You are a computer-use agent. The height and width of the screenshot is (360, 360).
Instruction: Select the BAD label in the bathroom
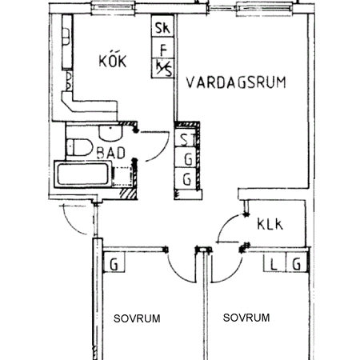111,152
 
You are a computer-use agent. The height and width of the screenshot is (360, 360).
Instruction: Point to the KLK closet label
270,225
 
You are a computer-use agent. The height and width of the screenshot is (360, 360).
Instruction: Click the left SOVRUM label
136,318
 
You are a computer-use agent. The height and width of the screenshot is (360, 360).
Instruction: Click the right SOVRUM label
246,318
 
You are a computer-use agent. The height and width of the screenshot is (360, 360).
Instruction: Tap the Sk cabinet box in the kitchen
162,30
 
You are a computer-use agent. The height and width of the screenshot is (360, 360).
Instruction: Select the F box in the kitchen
162,50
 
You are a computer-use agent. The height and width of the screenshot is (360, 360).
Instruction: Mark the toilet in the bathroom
78,146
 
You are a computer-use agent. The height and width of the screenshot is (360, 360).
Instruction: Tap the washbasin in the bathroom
105,132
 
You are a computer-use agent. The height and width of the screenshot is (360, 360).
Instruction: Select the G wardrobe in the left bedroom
114,263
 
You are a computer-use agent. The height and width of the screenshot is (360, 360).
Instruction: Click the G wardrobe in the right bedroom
298,263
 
